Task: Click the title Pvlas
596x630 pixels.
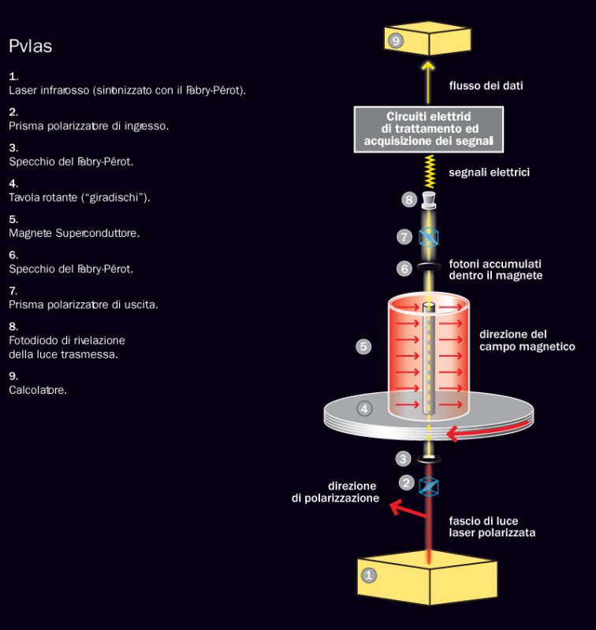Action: tap(31, 46)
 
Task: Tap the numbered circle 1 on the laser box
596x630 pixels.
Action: tap(368, 576)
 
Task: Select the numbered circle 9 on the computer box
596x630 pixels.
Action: tap(397, 40)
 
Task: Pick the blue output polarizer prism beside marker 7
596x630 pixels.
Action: tap(428, 235)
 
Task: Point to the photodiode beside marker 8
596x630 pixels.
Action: tap(428, 200)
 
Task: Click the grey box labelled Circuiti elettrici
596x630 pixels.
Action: tap(428, 129)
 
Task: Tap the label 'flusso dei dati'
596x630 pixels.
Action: tap(486, 85)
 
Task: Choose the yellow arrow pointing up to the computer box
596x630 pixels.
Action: tap(428, 79)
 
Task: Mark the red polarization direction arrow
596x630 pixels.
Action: tap(406, 509)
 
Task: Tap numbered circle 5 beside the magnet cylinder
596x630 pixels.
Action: tap(363, 346)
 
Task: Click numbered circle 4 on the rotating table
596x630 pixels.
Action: tap(364, 409)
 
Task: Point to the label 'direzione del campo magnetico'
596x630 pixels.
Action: tap(527, 340)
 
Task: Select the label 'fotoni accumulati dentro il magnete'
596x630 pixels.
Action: tap(495, 269)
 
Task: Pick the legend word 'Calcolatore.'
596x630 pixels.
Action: tap(38, 390)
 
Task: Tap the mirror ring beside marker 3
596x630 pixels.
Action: tap(428, 459)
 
